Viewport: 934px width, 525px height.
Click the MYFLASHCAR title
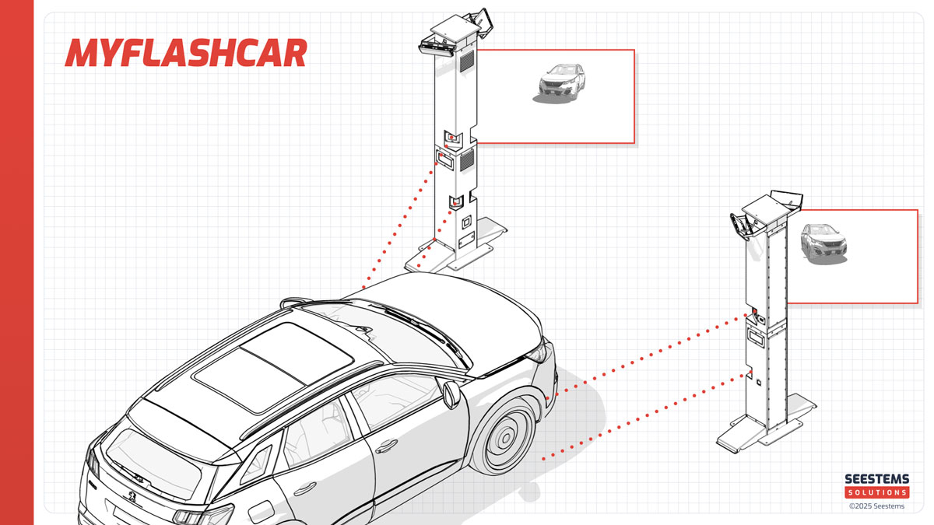[186, 53]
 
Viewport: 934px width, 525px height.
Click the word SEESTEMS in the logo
[877, 479]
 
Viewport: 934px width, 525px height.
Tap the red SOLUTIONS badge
[877, 492]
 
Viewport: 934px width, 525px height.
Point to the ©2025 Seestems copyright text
[876, 506]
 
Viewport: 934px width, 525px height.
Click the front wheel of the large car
[504, 437]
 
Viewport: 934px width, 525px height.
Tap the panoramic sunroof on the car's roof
[273, 366]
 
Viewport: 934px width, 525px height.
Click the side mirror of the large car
[451, 394]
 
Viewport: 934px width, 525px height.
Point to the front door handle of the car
[386, 446]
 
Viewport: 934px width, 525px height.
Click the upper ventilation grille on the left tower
[466, 61]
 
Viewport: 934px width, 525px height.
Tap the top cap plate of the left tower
[457, 28]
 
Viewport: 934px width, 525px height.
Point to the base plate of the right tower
[767, 425]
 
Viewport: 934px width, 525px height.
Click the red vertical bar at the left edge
[16, 263]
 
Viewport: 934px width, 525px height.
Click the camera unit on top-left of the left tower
[437, 47]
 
